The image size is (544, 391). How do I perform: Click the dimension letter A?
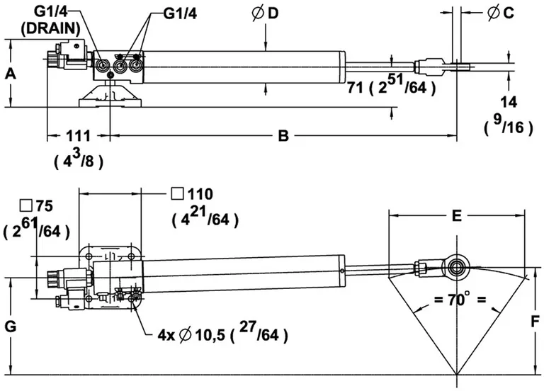[8, 73]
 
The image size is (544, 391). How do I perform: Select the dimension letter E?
[457, 215]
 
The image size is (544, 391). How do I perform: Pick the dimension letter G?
[10, 327]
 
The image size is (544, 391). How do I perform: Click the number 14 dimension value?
[508, 103]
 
